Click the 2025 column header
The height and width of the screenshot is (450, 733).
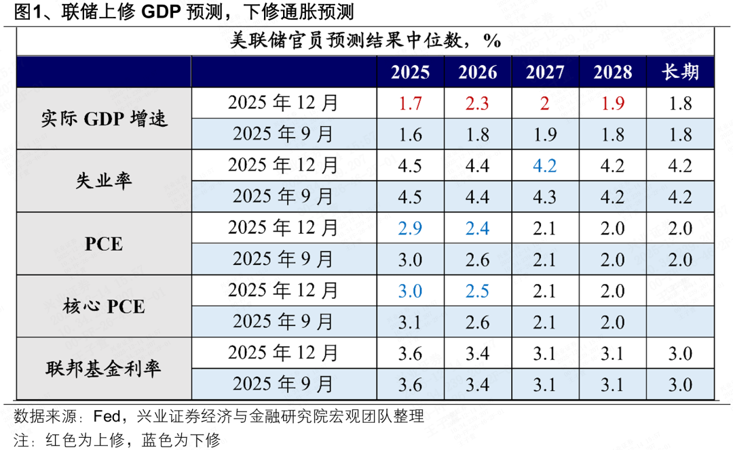tap(410, 72)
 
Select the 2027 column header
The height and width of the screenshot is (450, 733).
tap(545, 72)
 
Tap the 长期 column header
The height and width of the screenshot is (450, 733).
tap(679, 72)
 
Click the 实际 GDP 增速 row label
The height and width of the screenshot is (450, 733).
tap(104, 119)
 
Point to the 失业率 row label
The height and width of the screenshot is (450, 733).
tap(104, 181)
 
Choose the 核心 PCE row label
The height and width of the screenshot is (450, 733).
tap(104, 306)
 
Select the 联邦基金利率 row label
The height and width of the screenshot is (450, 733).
tap(104, 368)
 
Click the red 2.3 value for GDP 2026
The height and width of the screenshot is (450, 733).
tap(478, 104)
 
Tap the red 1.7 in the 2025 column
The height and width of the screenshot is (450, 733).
tap(410, 104)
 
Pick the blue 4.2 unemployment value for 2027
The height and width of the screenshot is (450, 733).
tap(545, 165)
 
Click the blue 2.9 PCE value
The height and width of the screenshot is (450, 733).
tap(410, 228)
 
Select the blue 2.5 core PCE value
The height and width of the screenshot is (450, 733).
tap(478, 291)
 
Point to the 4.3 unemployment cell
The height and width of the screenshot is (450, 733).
tap(545, 197)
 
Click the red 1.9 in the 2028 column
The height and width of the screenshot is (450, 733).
tap(612, 104)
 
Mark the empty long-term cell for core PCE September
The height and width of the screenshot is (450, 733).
tap(679, 322)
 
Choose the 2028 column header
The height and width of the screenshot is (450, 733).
tap(612, 72)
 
